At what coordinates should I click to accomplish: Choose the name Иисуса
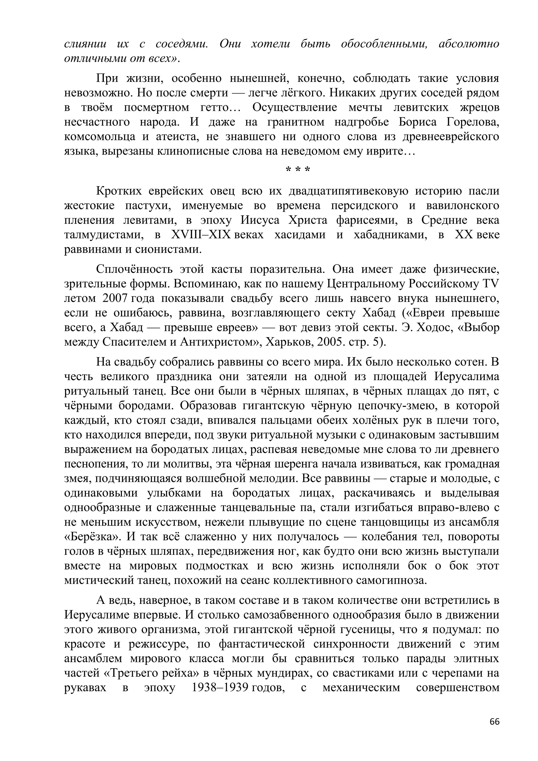pyautogui.click(x=260, y=220)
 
